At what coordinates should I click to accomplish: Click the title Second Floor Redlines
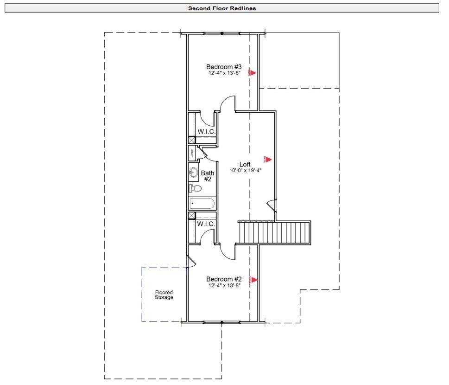click(222, 8)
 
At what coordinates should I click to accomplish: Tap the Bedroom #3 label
click(224, 67)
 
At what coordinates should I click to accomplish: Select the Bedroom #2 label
click(224, 279)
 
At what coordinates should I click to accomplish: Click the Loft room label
click(245, 164)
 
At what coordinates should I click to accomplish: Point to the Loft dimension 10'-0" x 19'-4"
click(245, 170)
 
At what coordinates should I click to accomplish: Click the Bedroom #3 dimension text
click(224, 73)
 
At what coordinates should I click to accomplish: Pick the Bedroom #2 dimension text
click(224, 285)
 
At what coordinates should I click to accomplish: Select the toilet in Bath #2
click(196, 188)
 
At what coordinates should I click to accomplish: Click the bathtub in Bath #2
click(202, 203)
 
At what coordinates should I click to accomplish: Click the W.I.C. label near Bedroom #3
click(206, 132)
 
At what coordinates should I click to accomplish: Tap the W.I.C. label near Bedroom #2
click(206, 224)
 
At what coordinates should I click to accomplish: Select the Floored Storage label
click(164, 295)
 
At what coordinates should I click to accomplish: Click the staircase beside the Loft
click(274, 232)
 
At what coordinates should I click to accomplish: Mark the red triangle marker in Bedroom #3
click(253, 73)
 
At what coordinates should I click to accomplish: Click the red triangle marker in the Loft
click(267, 159)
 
